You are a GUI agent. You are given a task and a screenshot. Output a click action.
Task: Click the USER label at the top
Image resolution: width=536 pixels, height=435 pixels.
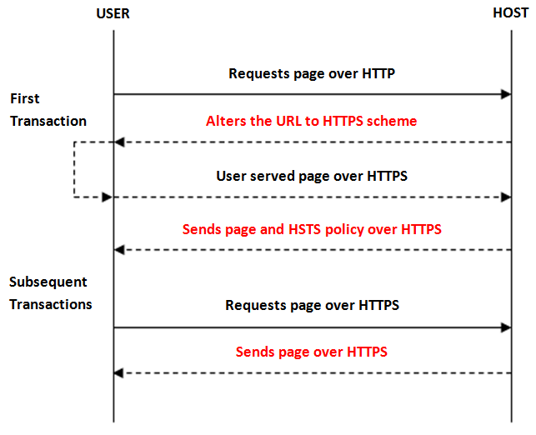point(113,13)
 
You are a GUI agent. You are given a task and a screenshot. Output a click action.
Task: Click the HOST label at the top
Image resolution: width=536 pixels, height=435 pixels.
point(510,13)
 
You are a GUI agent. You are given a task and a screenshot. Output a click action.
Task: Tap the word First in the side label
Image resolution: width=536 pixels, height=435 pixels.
point(25,98)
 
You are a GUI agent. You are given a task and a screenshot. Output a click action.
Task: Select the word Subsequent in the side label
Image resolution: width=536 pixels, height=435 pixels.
point(48,282)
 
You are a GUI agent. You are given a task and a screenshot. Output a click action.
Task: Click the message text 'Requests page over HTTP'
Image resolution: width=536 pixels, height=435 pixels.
point(312,74)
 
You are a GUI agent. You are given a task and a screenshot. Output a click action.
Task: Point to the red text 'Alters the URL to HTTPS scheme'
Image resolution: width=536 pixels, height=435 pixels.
point(312,121)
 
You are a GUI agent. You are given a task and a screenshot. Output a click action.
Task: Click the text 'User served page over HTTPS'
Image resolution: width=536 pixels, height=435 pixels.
point(312,176)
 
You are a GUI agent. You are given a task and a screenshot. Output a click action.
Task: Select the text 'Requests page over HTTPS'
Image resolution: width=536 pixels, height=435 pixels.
point(312,305)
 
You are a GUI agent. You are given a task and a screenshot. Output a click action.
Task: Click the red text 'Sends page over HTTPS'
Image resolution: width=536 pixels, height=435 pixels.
point(312,352)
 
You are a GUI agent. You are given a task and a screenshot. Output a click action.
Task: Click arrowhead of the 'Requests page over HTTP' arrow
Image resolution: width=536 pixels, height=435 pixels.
point(506,94)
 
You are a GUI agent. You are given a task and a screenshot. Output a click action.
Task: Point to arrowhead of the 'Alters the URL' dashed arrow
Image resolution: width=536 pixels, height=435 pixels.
point(119,142)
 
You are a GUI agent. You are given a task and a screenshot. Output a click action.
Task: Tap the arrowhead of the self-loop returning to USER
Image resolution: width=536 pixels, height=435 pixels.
point(108,197)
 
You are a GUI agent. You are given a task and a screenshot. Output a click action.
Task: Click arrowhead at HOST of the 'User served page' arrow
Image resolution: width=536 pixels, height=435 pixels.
point(506,197)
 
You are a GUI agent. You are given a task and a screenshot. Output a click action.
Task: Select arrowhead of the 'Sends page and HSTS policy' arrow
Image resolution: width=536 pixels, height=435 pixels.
point(119,250)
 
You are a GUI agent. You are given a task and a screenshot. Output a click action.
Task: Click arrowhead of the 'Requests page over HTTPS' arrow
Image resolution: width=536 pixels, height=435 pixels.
point(506,327)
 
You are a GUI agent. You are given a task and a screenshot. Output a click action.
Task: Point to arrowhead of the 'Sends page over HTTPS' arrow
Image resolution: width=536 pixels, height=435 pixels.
point(118,373)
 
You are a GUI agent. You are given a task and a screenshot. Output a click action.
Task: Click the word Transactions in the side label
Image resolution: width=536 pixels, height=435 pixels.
point(51,304)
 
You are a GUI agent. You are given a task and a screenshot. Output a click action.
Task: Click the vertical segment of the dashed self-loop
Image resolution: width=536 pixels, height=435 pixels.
point(74,169)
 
